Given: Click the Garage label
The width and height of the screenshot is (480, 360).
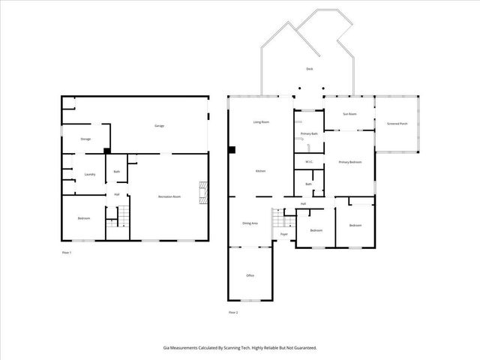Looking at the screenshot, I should [159, 125].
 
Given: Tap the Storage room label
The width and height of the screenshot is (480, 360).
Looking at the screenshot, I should [85, 139].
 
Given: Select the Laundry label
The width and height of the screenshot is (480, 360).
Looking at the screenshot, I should [89, 174].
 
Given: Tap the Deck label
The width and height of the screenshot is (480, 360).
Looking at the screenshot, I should [309, 69].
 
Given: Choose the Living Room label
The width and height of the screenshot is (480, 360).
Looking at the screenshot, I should [261, 121].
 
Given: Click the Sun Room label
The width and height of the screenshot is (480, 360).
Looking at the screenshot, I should [349, 114].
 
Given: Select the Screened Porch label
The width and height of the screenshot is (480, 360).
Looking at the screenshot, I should [397, 124].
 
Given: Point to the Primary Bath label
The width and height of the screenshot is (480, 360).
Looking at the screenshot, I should [310, 133].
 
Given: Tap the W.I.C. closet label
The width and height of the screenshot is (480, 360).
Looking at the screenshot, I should [309, 162].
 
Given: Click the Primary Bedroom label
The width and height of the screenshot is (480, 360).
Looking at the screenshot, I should [350, 162].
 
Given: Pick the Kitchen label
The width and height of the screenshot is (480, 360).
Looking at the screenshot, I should [260, 171].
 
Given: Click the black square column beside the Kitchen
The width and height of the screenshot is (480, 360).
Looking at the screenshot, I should [232, 150].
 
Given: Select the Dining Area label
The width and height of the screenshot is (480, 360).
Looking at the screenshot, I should [250, 223].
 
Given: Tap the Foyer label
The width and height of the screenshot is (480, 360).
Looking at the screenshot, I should [284, 235].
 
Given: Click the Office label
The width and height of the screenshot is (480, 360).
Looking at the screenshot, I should [250, 275].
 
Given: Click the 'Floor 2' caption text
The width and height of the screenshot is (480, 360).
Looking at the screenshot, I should [233, 312].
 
